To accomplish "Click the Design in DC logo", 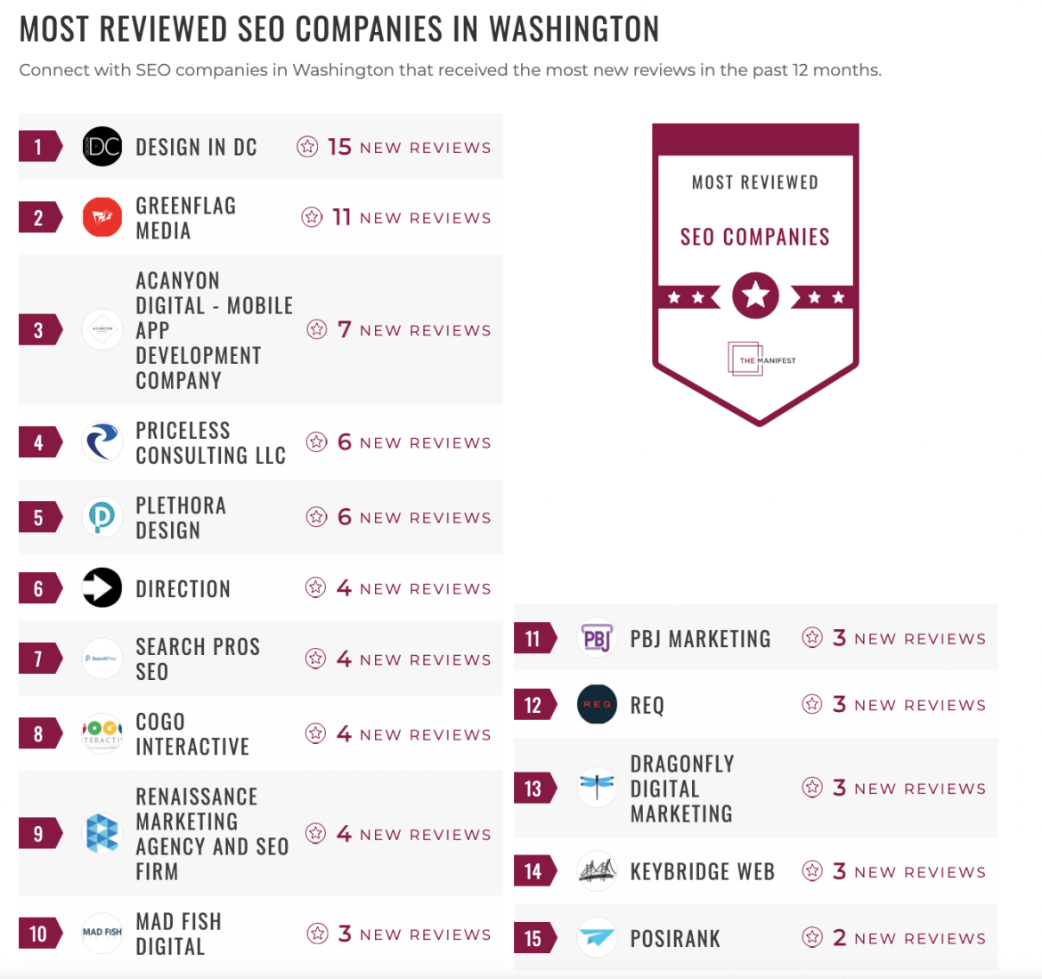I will pos(102,147).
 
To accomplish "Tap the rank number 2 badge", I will pos(38,217).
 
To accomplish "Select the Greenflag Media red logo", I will pos(102,217).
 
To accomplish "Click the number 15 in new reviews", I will pos(339,147).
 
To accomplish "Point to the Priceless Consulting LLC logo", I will pos(102,442).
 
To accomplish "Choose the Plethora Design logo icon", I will pos(102,517).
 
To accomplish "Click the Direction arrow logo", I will pos(102,588).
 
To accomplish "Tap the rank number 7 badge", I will pos(38,659).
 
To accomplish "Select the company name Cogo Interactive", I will pos(191,734).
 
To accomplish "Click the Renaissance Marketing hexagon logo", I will pos(102,834).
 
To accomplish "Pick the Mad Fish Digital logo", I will pos(102,933).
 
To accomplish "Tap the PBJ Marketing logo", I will pos(597,638).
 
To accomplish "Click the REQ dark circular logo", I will pos(597,705).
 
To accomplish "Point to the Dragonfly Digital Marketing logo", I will pos(597,788).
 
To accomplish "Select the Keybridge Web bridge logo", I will pos(597,871).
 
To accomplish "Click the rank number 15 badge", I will pos(533,938).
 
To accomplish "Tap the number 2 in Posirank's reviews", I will pos(839,937).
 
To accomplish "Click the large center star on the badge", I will pos(755,295).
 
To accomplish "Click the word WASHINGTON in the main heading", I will pos(574,29).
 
